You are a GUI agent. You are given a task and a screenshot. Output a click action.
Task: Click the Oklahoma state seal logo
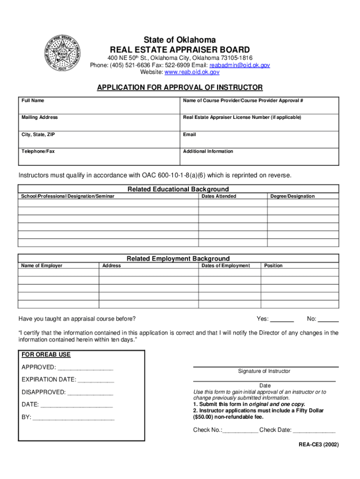pyautogui.click(x=62, y=54)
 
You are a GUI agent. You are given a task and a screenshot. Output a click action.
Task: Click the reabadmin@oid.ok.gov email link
pyautogui.click(x=239, y=65)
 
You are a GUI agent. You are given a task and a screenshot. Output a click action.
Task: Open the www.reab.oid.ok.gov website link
pyautogui.click(x=192, y=73)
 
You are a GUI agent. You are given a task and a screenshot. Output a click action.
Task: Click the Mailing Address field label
pyautogui.click(x=40, y=117)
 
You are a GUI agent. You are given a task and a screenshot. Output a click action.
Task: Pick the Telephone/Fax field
pyautogui.click(x=99, y=157)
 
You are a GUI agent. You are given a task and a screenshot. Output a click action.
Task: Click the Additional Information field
pyautogui.click(x=260, y=158)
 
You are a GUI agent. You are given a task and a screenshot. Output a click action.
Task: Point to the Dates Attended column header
pyautogui.click(x=219, y=196)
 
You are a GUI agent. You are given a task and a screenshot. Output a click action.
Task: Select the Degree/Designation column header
pyautogui.click(x=292, y=196)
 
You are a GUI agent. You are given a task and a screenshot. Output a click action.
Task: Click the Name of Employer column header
pyautogui.click(x=42, y=266)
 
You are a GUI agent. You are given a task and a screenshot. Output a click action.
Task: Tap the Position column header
pyautogui.click(x=274, y=266)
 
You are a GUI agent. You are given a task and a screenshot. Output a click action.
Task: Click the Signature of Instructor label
pyautogui.click(x=264, y=371)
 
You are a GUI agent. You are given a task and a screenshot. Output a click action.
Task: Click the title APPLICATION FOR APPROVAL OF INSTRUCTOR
pyautogui.click(x=180, y=88)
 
